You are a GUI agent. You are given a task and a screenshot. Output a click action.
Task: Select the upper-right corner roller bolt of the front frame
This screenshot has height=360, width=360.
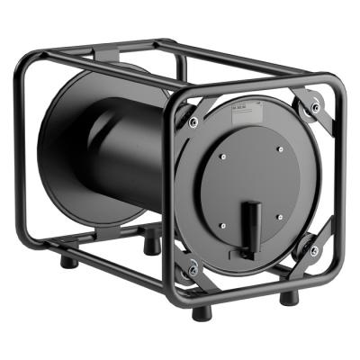point(314,108)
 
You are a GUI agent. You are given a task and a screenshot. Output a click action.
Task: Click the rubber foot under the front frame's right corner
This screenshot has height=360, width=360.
point(286,297)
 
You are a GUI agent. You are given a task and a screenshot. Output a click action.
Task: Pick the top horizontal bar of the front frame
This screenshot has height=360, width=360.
point(261,88)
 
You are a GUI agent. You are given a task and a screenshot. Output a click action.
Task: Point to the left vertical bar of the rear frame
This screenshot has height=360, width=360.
point(22,162)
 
